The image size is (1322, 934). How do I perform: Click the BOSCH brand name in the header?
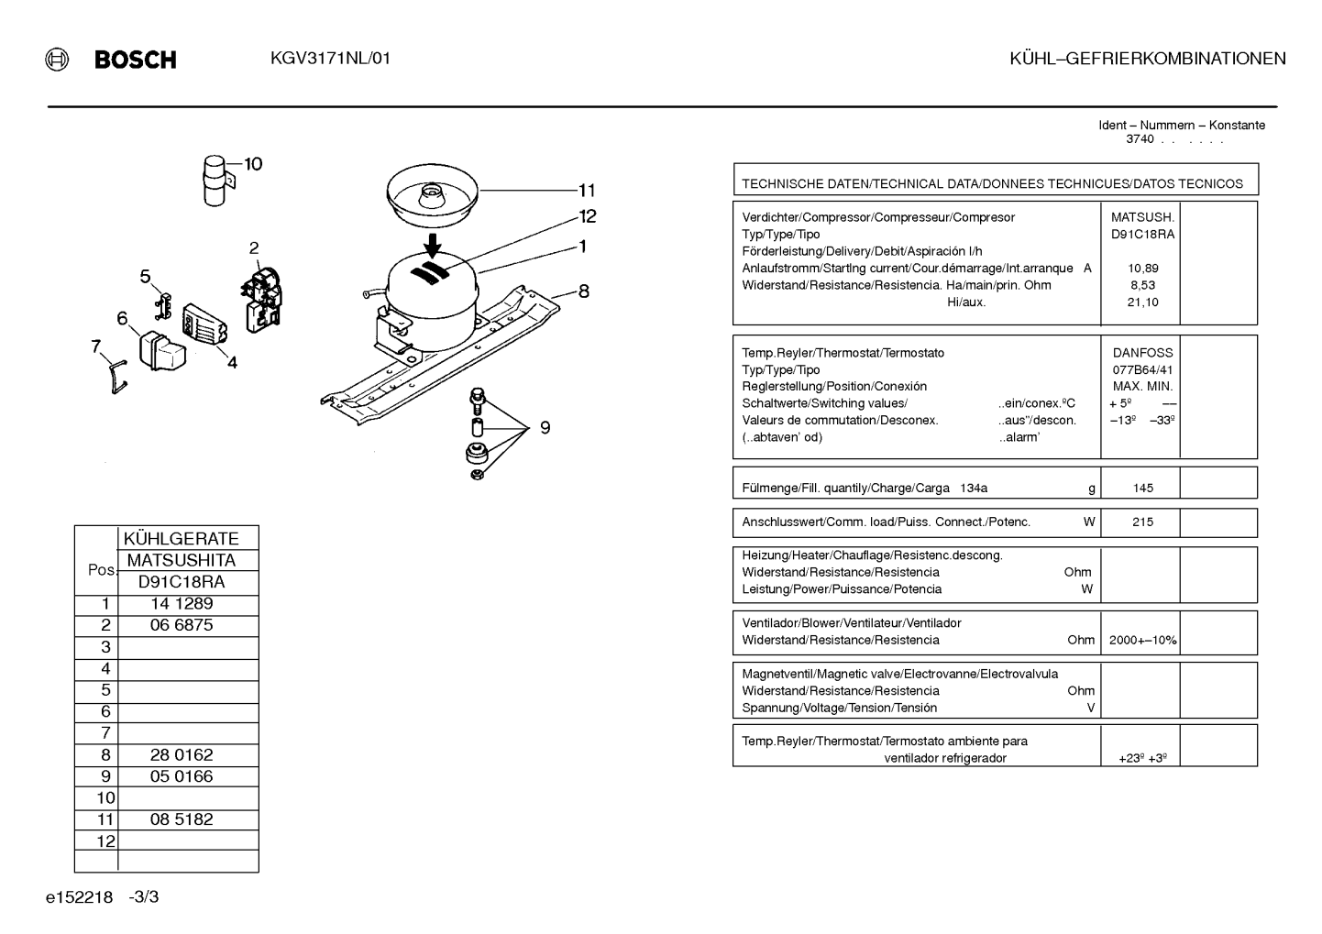(135, 60)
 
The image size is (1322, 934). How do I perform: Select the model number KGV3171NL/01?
(330, 59)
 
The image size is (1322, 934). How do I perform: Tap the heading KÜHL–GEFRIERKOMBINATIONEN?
(1147, 59)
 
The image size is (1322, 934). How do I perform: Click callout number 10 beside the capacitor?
(253, 164)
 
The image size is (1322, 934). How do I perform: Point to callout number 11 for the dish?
(587, 191)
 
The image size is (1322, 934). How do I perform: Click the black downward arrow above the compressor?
(433, 246)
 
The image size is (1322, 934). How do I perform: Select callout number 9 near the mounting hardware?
(545, 427)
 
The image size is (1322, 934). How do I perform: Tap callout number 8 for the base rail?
(584, 291)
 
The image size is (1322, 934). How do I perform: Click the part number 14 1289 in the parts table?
(182, 604)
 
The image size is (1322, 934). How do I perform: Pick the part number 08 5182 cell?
(182, 819)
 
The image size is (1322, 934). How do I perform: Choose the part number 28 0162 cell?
(182, 754)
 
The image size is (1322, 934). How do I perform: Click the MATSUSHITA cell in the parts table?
(182, 560)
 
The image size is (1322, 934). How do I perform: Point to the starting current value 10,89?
(1143, 269)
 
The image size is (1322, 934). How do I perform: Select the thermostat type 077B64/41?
(1142, 370)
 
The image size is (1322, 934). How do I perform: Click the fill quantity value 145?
(1143, 488)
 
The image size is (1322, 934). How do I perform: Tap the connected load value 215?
(1142, 522)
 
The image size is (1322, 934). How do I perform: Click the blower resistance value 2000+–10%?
(1142, 640)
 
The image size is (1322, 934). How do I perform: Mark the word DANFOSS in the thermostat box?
(1142, 353)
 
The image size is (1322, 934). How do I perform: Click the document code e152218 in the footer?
(79, 897)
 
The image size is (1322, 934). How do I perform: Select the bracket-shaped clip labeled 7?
(117, 378)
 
